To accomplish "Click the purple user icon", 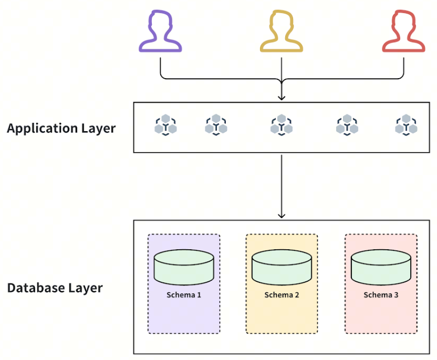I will [x=160, y=33].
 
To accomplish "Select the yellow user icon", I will [x=282, y=33].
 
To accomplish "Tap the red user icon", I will [x=403, y=33].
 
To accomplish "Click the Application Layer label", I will [x=61, y=129].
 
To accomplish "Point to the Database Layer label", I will [x=55, y=288].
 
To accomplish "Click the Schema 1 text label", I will [x=184, y=295].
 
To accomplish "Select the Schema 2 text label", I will [x=282, y=295].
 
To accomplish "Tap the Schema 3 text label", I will [x=381, y=295].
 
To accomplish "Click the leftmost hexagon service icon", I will [x=165, y=125].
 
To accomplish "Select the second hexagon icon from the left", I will [x=216, y=125].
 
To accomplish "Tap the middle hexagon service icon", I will [x=282, y=125].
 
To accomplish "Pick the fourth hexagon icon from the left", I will [x=347, y=125].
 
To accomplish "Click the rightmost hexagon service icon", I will [x=406, y=125].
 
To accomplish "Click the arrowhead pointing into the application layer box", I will [x=282, y=97].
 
